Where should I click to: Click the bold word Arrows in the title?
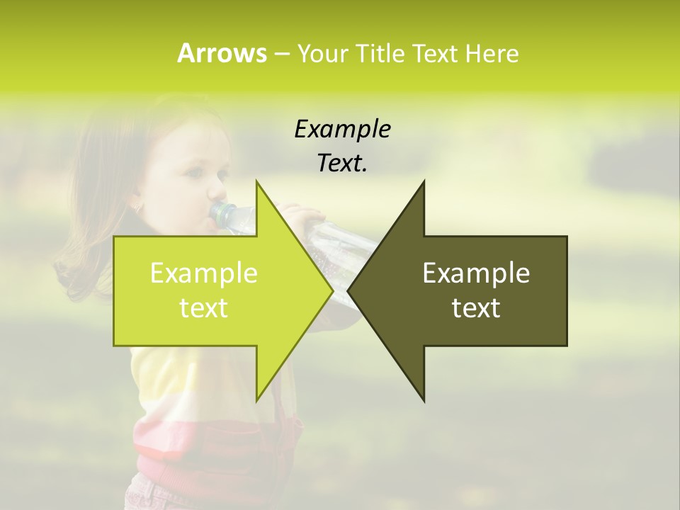[222, 53]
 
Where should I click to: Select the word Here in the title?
[492, 53]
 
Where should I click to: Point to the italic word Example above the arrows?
[342, 130]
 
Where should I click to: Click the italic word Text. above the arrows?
[342, 164]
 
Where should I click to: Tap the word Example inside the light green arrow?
[204, 273]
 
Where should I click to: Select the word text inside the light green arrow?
[204, 308]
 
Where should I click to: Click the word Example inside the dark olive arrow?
[476, 273]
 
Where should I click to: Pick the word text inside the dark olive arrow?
[476, 308]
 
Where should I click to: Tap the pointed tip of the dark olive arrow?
[348, 290]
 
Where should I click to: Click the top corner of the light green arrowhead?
[256, 181]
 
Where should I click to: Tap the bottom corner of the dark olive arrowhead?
[424, 401]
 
